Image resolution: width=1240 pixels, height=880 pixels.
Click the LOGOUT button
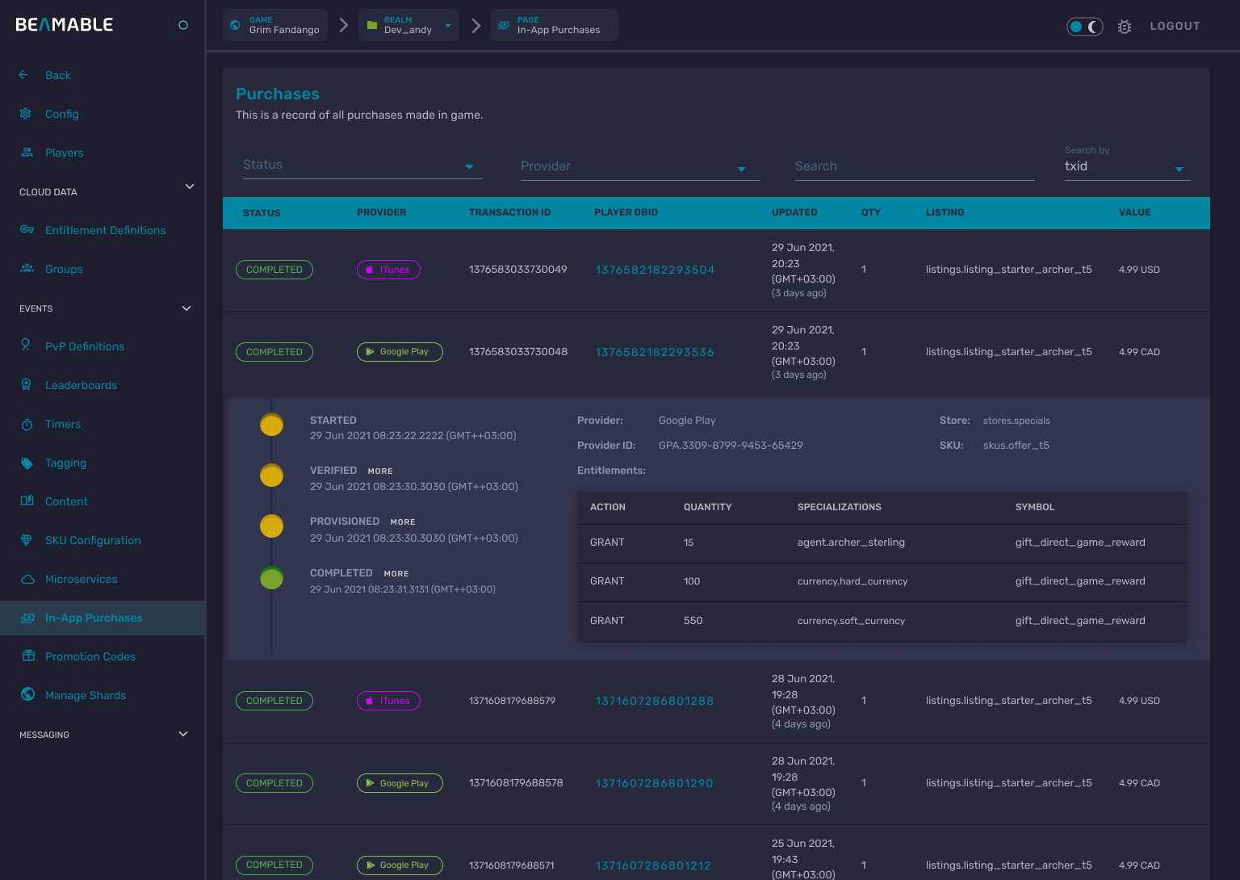pos(1175,26)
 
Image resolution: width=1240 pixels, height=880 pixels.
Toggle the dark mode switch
pos(1084,27)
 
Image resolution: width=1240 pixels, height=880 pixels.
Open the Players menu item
pos(64,153)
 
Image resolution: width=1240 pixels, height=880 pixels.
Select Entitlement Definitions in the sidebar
pos(105,230)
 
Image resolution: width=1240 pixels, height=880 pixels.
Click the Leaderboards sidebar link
pos(81,385)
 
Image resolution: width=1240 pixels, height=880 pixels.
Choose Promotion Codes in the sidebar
pos(90,656)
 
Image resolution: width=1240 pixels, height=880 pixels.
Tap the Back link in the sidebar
pos(57,75)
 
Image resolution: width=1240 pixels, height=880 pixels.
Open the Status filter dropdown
pos(362,166)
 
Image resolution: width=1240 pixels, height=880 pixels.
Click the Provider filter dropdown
pos(639,167)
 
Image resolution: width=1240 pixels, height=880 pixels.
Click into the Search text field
pos(914,166)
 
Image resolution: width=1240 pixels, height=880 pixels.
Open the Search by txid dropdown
pos(1126,166)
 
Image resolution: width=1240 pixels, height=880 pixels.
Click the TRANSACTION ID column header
pos(509,212)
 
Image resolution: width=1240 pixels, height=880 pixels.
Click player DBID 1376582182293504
pos(655,270)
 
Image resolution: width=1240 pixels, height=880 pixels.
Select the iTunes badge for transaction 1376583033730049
pos(388,270)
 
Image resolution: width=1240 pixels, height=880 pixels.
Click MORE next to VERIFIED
pos(380,471)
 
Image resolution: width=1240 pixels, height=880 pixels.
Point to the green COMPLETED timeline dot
pos(272,578)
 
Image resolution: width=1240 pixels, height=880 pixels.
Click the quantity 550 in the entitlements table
pos(693,621)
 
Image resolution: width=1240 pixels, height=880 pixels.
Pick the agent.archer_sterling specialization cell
pos(851,543)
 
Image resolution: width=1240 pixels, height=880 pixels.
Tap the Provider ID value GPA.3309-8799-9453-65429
pos(731,446)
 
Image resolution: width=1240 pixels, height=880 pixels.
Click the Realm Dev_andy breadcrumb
pos(408,26)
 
